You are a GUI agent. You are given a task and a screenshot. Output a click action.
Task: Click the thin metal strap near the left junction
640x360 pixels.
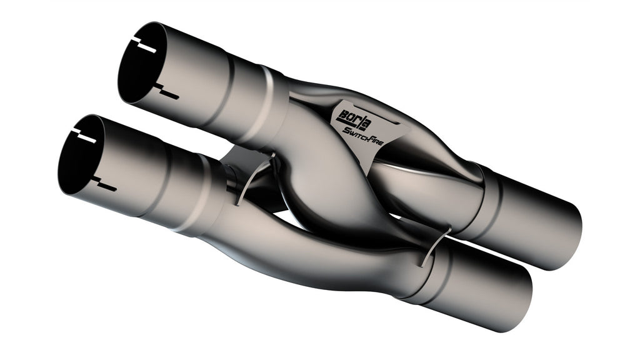252,179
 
